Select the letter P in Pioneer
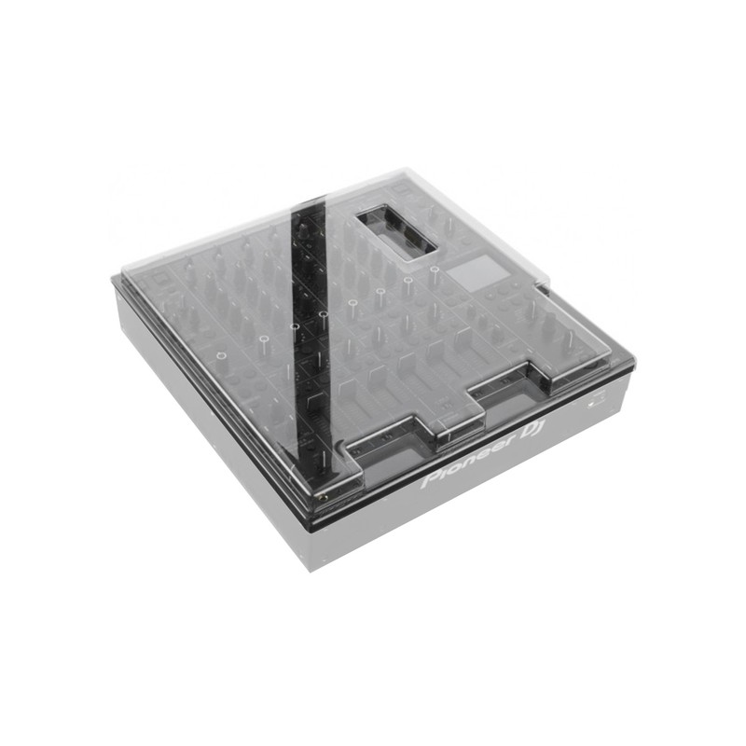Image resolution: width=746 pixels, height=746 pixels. point(430,480)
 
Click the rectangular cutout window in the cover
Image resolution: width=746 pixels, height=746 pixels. point(396,232)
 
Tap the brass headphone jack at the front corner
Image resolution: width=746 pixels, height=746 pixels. point(325,498)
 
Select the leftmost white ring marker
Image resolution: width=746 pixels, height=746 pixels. point(220,355)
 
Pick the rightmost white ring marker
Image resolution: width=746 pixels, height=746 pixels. point(435,269)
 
